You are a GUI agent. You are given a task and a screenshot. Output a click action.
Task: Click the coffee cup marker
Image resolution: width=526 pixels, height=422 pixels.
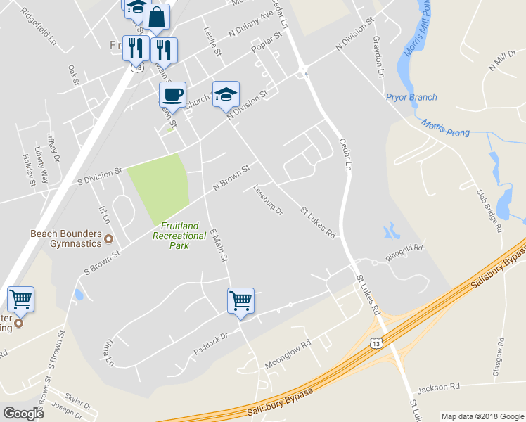pos(172,94)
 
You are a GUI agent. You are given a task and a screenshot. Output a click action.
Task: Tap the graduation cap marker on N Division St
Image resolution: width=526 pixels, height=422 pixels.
pos(226,94)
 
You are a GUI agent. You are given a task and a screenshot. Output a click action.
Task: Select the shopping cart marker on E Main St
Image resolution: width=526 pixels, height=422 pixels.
pos(240,301)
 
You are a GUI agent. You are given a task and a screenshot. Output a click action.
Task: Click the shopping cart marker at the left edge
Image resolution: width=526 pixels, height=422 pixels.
pos(20,300)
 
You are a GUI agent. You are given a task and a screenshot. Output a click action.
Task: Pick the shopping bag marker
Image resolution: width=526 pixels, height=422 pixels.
pos(157,18)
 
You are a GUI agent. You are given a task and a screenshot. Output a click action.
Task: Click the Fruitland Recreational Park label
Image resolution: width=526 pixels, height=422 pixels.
pos(179,231)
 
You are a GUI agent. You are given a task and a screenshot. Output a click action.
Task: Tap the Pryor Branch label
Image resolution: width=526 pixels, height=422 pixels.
pos(411,97)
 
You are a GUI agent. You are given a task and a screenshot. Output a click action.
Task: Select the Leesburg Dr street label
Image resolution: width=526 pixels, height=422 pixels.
pos(267,200)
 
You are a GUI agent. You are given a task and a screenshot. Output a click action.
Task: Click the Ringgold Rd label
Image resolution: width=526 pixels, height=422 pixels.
pos(404,249)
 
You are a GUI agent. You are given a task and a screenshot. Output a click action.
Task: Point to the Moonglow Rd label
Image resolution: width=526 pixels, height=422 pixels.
pos(287,355)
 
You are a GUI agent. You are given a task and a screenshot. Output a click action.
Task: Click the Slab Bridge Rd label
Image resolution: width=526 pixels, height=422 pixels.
pos(489,211)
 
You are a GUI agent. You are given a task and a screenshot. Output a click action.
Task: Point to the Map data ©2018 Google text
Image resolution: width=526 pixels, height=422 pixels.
pos(482,416)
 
